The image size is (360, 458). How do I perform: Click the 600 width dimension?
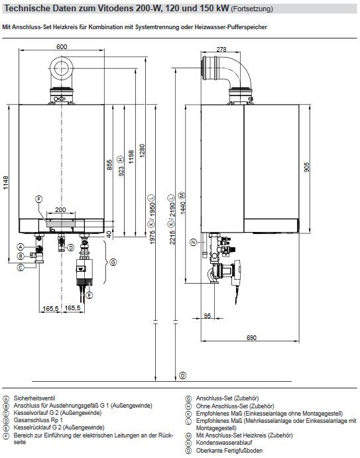click(x=62, y=47)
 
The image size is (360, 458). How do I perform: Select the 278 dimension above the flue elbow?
click(x=221, y=49)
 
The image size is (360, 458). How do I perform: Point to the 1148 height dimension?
click(x=6, y=183)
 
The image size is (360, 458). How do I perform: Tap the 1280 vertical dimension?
click(x=142, y=151)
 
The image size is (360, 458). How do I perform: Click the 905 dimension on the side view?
click(x=306, y=167)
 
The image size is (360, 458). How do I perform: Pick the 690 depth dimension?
click(x=251, y=337)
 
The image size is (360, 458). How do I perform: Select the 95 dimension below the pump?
click(x=207, y=315)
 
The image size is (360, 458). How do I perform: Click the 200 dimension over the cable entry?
click(x=60, y=209)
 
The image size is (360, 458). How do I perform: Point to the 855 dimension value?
click(x=109, y=165)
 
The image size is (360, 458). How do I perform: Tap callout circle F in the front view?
click(x=38, y=200)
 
